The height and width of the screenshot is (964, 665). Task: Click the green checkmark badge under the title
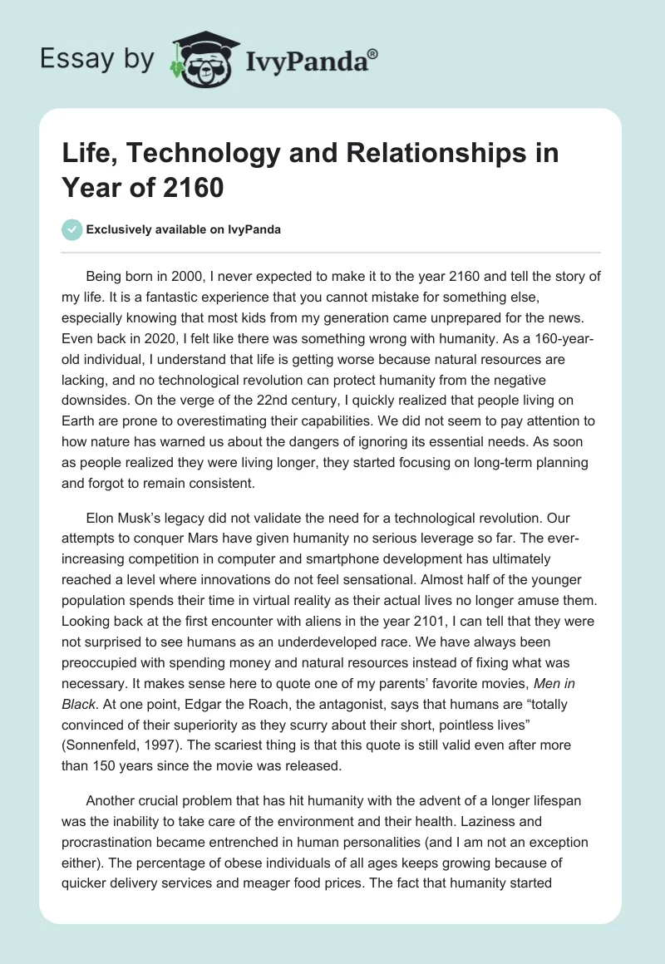tap(73, 229)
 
